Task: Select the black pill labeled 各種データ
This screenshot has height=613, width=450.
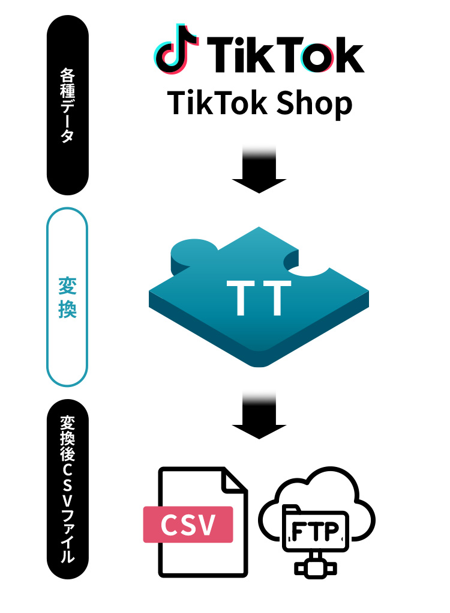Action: [x=68, y=105]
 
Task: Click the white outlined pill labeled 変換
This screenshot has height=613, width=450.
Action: [x=67, y=297]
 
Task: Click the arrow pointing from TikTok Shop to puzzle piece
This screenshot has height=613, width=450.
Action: [x=259, y=171]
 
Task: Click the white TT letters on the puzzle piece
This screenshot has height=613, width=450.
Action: [x=259, y=297]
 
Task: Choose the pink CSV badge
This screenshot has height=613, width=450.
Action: [x=188, y=525]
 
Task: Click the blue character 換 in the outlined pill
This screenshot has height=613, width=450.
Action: [x=67, y=310]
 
